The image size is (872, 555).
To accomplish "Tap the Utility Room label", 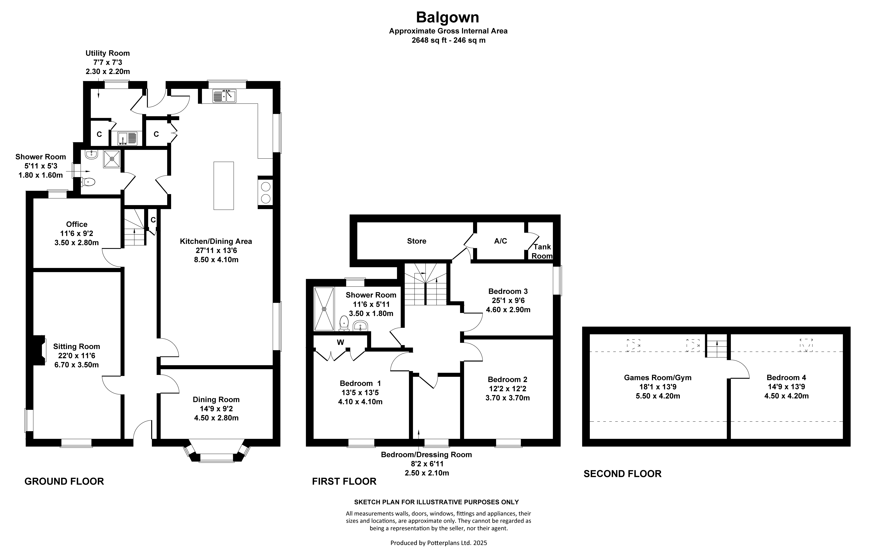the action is [108, 53].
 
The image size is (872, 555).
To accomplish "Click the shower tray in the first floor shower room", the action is [324, 309].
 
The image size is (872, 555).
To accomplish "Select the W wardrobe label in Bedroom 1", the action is [340, 342].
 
